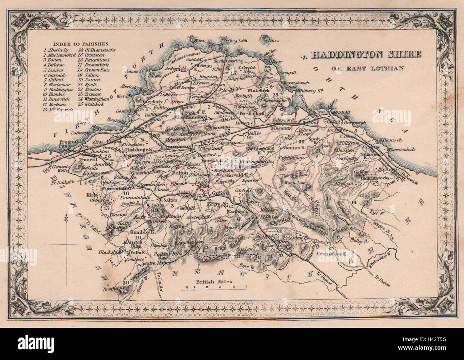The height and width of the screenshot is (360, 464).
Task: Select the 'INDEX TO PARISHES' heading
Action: pos(74,44)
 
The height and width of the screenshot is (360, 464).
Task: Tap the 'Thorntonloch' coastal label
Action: pos(402,149)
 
